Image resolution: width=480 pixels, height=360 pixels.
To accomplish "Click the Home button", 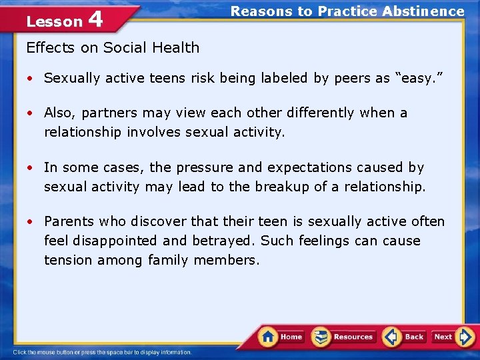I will [281, 337].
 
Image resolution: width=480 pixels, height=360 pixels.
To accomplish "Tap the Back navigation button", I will [404, 337].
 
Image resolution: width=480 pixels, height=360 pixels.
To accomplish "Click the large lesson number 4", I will [95, 19].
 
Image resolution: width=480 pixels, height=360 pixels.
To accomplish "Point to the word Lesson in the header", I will [54, 21].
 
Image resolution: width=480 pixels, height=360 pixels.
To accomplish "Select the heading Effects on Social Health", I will [112, 47].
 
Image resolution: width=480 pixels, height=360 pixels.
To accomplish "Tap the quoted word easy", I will [418, 78].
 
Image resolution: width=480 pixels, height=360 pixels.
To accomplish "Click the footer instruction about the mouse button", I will [102, 353].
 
